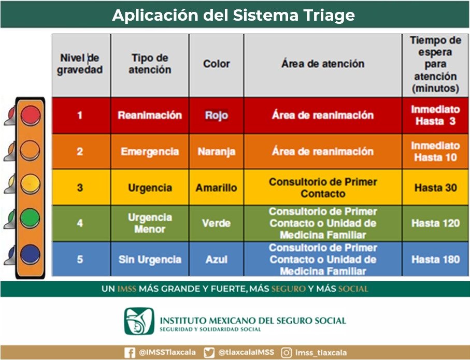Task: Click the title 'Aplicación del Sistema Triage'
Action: (233, 15)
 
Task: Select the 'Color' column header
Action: (217, 64)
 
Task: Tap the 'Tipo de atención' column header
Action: (150, 64)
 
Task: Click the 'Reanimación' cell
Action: (150, 115)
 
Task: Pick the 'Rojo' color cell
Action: (217, 115)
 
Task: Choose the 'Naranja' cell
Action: (217, 152)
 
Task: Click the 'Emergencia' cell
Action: (150, 151)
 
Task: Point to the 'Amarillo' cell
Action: (217, 188)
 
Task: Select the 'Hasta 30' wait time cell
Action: (435, 188)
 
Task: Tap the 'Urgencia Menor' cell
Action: (150, 223)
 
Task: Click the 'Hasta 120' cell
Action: (435, 223)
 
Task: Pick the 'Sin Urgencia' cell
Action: (150, 260)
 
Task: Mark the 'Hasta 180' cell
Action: (435, 260)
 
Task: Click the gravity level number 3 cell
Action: (80, 188)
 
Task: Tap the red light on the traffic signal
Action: (30, 115)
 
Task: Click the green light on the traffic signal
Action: (30, 218)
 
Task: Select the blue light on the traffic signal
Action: (30, 254)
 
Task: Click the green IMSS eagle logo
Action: (139, 321)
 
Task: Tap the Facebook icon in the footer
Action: (130, 353)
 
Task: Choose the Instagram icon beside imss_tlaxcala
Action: (286, 353)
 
